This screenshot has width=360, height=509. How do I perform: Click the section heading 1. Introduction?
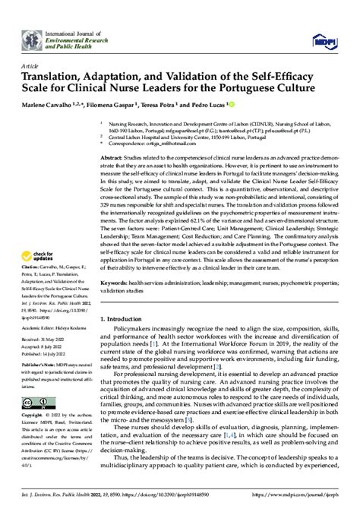click(125, 318)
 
